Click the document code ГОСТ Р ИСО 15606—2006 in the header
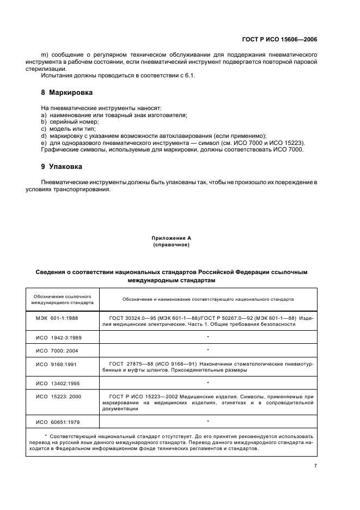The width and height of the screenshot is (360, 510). click(279, 40)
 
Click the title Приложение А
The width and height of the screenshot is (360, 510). click(171, 239)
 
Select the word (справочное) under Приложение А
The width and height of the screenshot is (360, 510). click(171, 245)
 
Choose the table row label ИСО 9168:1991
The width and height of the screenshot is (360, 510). click(57, 363)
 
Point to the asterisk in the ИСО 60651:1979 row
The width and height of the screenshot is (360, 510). click(208, 421)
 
